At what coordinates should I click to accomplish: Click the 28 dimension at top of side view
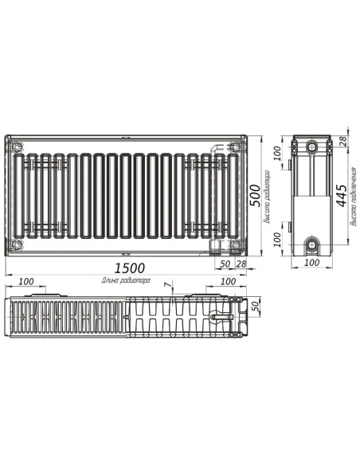pos(342,141)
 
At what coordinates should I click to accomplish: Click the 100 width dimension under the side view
pos(311,262)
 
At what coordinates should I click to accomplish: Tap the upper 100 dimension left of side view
pos(278,150)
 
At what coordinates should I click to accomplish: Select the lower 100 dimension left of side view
pos(278,237)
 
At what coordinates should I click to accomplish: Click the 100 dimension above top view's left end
pos(25,281)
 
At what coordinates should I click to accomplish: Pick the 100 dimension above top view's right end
pos(227,281)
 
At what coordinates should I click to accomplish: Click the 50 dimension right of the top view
pos(256,307)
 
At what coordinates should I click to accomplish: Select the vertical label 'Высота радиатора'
pos(268,193)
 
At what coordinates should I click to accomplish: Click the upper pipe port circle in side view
pos(312,147)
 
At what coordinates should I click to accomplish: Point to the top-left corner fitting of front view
pos(18,146)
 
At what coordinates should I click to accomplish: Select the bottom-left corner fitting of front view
pos(18,244)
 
